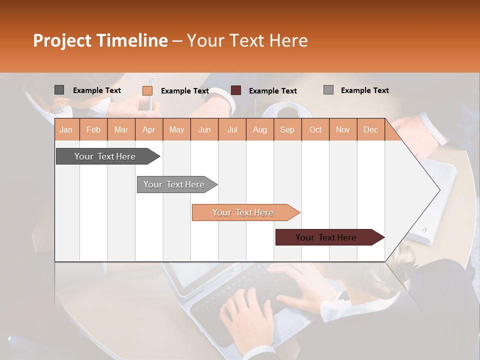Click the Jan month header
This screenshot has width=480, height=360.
(x=66, y=129)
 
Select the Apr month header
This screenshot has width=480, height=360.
(x=149, y=129)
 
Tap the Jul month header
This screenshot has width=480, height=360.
(x=232, y=129)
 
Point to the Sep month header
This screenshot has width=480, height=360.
(x=287, y=129)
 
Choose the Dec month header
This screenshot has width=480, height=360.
(x=370, y=129)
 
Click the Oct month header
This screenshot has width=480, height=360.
(x=315, y=129)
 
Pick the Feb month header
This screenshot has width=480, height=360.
(x=93, y=129)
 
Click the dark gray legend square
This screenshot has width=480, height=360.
(x=59, y=90)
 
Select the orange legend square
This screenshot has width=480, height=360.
(x=147, y=90)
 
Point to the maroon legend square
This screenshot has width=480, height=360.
(x=236, y=90)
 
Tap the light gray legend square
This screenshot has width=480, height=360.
(x=328, y=90)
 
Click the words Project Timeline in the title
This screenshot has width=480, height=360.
(x=100, y=40)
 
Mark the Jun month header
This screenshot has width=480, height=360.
(x=204, y=129)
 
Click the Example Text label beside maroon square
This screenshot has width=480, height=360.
(x=272, y=91)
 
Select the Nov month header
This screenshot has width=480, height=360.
(x=343, y=129)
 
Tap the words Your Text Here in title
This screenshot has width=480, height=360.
(x=247, y=40)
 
